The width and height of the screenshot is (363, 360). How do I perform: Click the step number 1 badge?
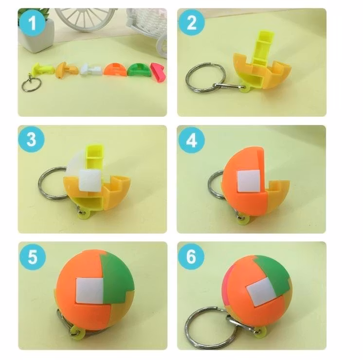32,23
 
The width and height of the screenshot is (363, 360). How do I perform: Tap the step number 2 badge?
191,22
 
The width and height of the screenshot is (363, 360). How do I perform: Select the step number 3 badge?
31,139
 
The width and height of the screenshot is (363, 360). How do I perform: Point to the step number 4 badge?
191,140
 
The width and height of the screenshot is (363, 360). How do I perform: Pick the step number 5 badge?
33,256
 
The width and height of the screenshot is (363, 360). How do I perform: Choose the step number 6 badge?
191,256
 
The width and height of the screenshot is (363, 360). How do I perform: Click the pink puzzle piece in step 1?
158,72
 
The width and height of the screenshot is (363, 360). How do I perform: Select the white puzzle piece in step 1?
91,70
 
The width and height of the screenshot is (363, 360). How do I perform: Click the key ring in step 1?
31,85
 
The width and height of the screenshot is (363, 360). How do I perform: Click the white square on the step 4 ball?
249,181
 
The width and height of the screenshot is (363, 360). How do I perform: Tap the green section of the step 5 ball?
117,277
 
